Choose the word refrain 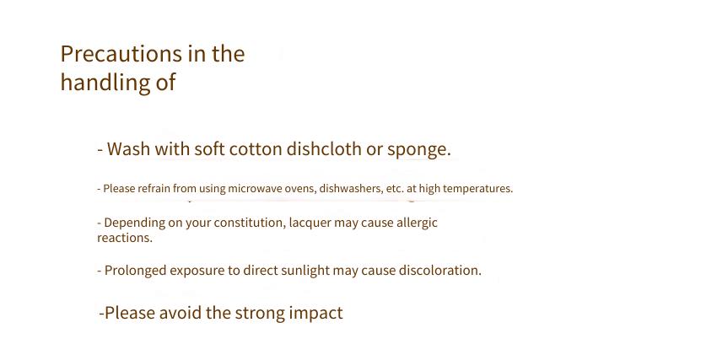click(154, 188)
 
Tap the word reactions click(124, 238)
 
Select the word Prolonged click(135, 271)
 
